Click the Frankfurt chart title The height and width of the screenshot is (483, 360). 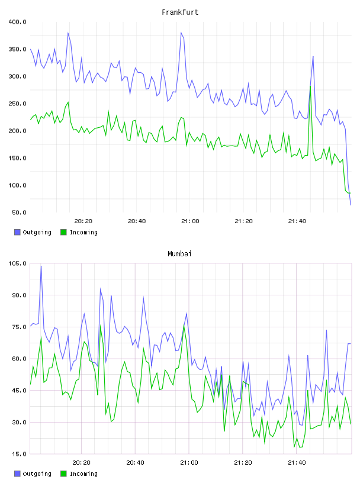180,12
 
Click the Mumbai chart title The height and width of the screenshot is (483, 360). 179,254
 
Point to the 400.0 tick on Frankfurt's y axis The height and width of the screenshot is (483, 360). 18,22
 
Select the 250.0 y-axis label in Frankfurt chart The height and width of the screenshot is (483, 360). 18,104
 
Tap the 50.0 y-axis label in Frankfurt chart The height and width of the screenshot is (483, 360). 19,212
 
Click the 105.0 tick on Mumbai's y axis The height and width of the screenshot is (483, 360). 18,263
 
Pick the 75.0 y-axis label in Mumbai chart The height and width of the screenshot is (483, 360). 19,327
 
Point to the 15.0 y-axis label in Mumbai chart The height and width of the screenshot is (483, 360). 19,454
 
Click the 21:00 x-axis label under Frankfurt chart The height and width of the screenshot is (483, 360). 190,221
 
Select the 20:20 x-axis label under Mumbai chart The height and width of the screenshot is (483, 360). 81,463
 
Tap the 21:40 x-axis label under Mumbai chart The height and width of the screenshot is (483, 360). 297,463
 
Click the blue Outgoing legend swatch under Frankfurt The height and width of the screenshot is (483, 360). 17,232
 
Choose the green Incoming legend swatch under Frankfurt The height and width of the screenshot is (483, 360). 63,232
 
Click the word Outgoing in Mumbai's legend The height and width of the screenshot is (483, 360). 37,474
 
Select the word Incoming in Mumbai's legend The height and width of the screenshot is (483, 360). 83,474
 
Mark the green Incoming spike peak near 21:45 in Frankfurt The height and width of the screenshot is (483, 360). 310,86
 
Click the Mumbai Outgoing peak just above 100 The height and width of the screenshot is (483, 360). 41,266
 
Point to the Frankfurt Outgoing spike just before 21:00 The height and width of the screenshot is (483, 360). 181,33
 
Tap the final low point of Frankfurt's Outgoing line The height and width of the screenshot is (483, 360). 351,205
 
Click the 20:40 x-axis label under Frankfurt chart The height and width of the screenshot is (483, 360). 137,221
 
